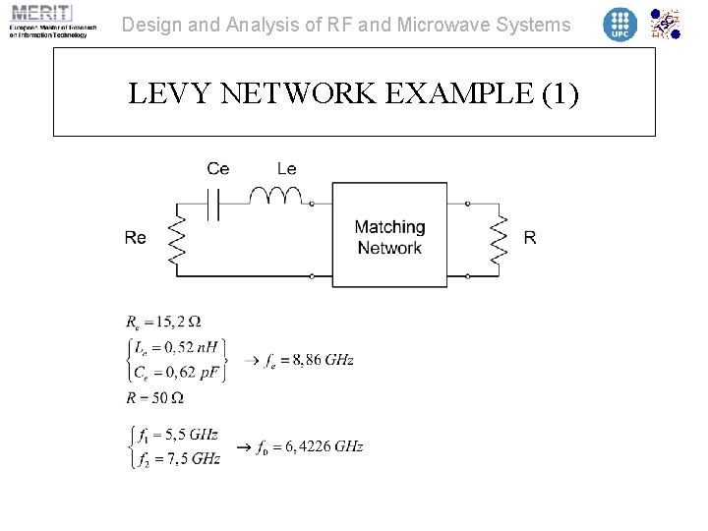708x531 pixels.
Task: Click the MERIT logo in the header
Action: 48,21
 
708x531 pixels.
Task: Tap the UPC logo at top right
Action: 619,24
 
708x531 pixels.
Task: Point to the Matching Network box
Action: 389,237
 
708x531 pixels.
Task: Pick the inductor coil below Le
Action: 275,197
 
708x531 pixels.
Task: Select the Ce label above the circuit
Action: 218,169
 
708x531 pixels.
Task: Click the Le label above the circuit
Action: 286,169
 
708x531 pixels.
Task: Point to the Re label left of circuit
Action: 136,238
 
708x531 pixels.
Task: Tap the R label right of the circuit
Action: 530,238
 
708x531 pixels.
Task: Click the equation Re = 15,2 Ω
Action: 163,322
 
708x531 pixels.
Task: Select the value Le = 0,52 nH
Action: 178,346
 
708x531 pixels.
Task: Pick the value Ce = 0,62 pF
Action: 178,373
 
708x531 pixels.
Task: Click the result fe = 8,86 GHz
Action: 309,360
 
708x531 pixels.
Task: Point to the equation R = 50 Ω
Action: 154,398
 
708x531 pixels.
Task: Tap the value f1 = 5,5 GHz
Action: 179,434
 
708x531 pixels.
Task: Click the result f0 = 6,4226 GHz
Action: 309,446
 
